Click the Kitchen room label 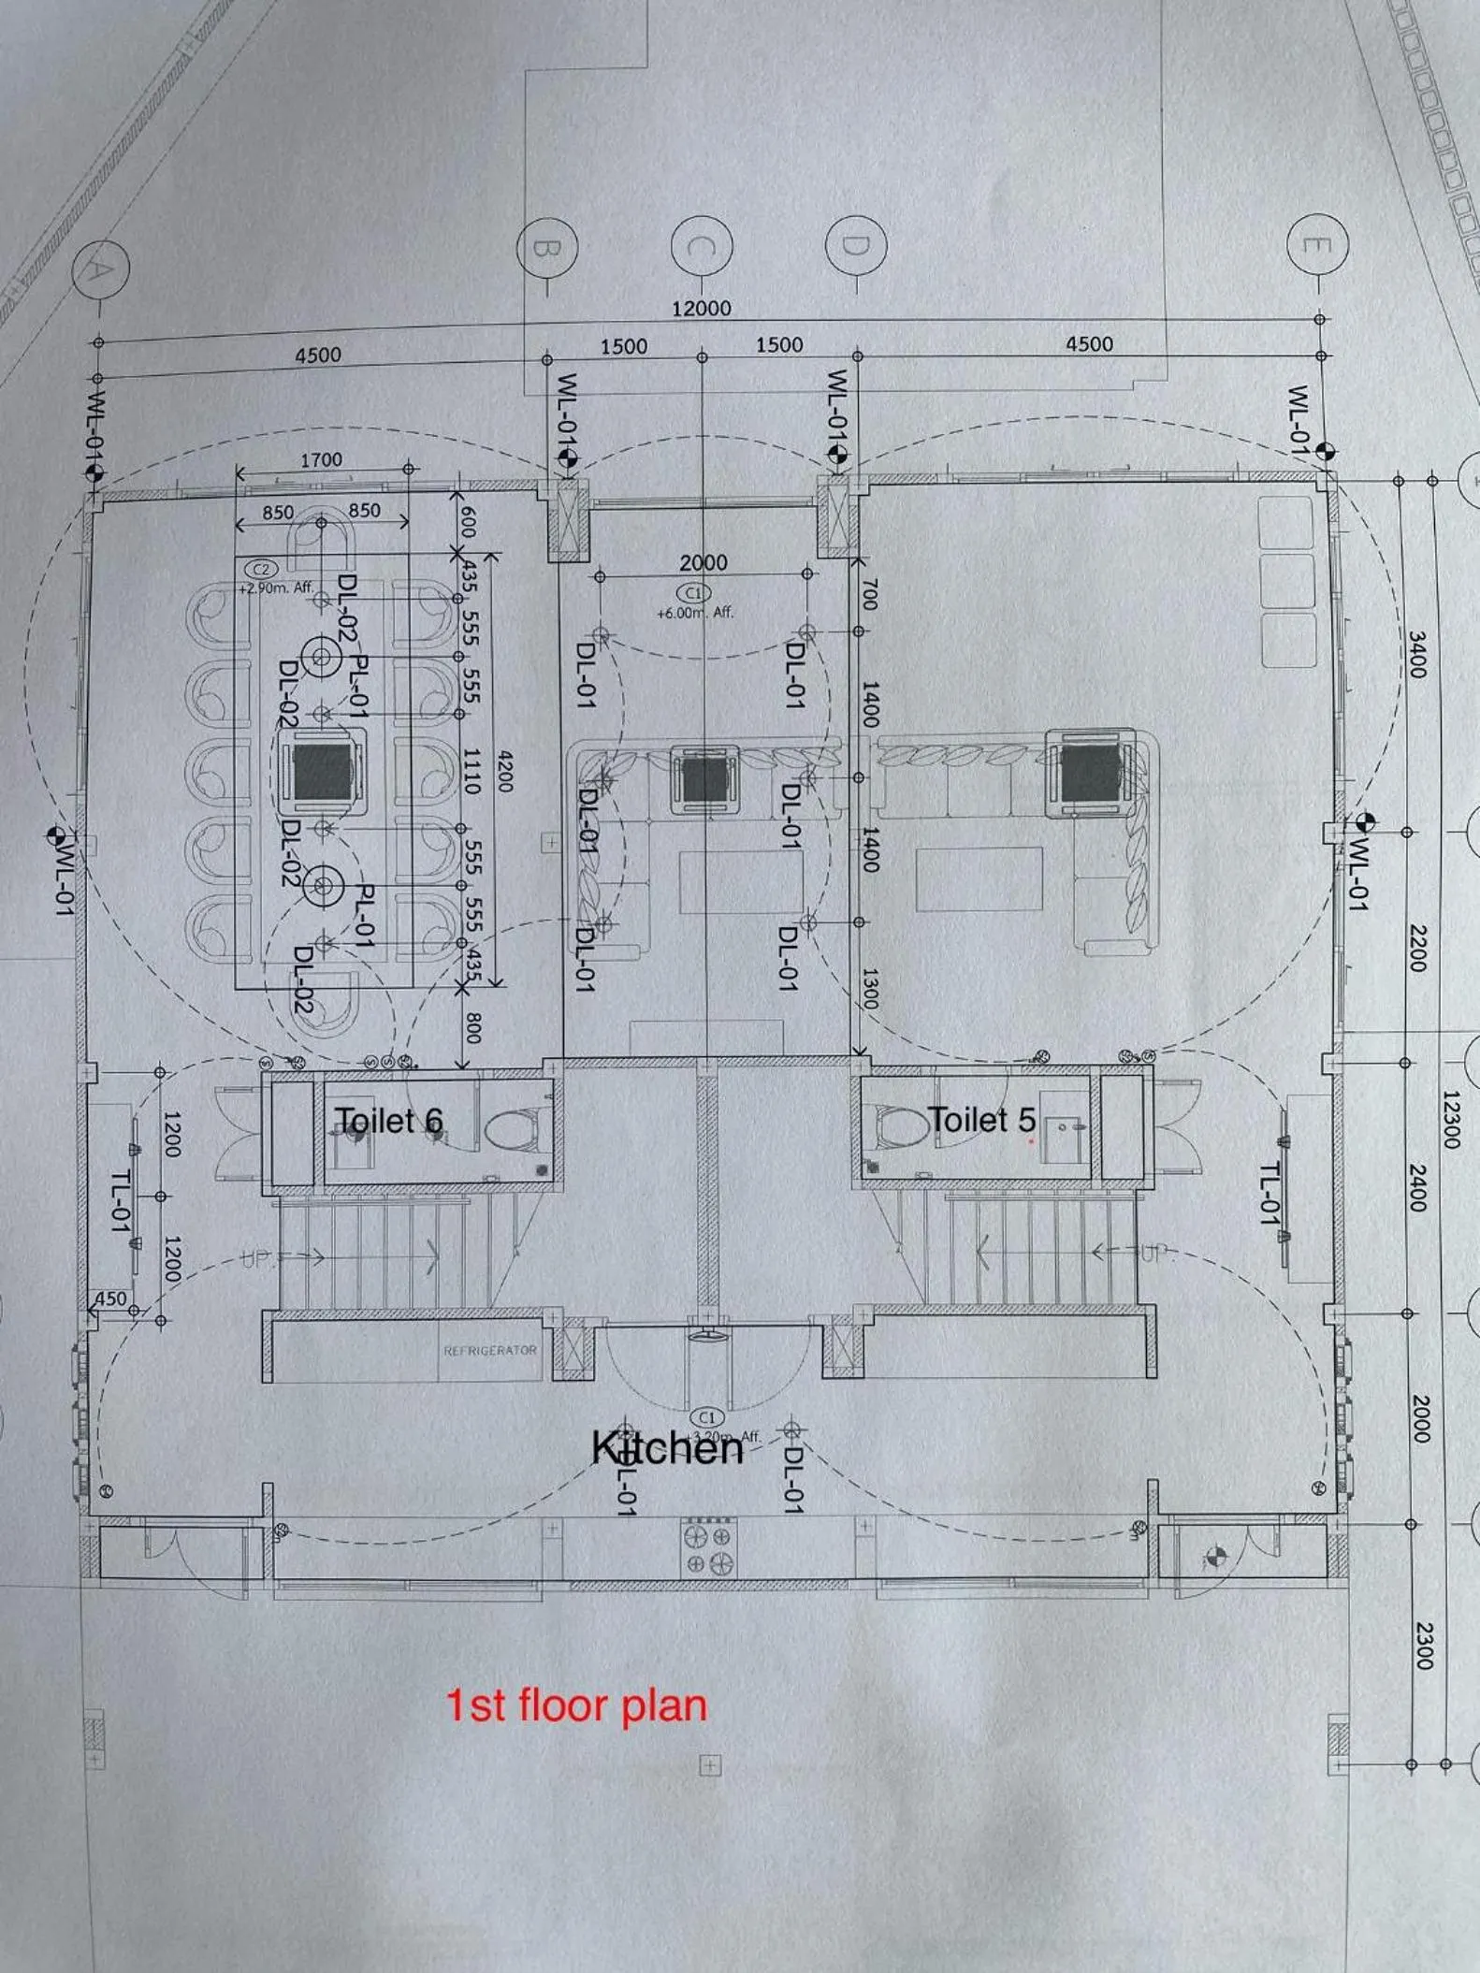pos(667,1448)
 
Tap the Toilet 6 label pos(389,1121)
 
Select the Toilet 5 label pos(981,1119)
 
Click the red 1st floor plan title pos(576,1705)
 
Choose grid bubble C pos(702,246)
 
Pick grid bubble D pos(855,245)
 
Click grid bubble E pos(1317,245)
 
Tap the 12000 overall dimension pos(702,308)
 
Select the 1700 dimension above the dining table pos(321,460)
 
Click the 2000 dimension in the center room pos(703,562)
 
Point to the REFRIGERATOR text pos(490,1351)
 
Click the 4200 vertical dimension pos(505,771)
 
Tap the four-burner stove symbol pos(708,1548)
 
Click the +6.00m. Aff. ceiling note pos(694,613)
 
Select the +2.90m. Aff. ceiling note pos(276,588)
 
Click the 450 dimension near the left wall pos(110,1298)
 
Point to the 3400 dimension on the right pos(1417,655)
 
